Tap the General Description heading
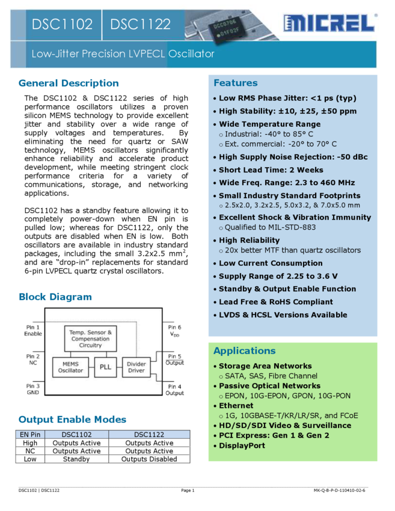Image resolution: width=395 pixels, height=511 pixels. click(69, 83)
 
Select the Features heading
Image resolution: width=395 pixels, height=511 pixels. click(235, 83)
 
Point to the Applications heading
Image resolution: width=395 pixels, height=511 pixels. click(244, 351)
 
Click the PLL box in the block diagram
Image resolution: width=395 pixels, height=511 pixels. click(105, 367)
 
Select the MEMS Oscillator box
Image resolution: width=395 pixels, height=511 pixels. click(70, 367)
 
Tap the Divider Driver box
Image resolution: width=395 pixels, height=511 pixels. click(136, 367)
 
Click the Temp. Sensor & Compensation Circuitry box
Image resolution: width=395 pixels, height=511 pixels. click(90, 338)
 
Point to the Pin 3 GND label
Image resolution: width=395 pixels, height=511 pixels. click(33, 390)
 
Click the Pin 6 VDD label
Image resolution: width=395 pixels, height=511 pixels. click(174, 331)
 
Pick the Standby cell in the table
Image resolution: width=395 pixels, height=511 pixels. click(76, 459)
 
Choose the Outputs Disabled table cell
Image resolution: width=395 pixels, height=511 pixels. click(149, 459)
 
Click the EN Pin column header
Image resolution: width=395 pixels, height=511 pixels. click(30, 434)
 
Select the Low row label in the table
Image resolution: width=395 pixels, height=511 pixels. click(30, 459)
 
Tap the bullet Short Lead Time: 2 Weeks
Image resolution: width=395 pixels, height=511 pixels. click(271, 170)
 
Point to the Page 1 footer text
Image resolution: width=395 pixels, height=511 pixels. click(188, 491)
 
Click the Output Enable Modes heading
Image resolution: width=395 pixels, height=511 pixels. click(72, 420)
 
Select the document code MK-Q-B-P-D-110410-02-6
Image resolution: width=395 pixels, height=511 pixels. click(339, 491)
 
